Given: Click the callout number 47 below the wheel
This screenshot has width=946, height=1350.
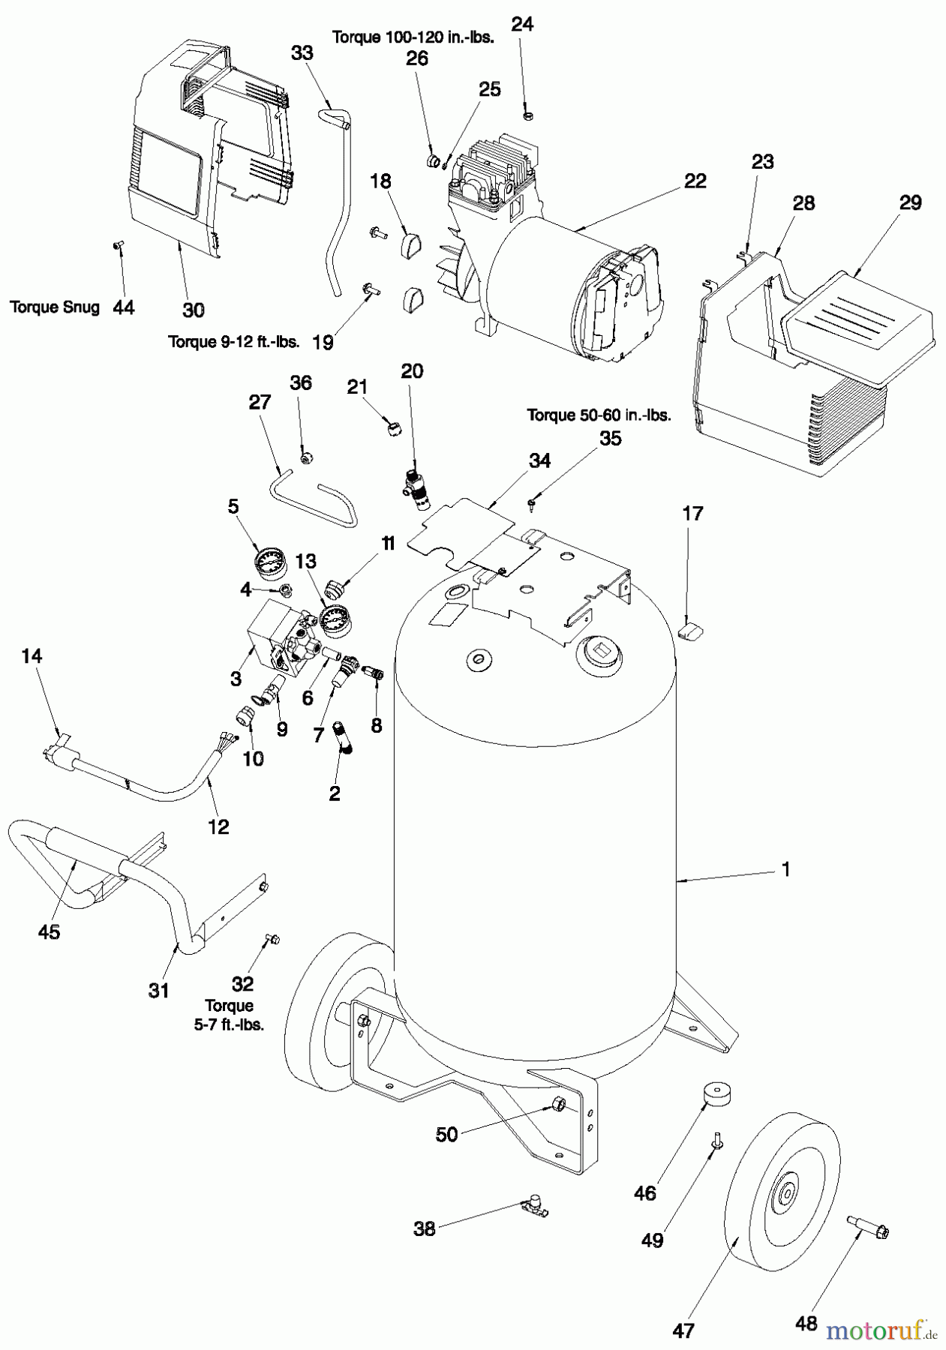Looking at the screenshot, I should pos(683,1330).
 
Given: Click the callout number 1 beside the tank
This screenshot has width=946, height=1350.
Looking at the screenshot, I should pos(785,869).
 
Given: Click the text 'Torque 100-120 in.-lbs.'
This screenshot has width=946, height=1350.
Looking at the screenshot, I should pos(412,37).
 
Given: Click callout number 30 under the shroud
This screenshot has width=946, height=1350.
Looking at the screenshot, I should pos(193,309).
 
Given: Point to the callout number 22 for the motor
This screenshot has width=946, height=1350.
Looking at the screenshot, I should pos(695,181).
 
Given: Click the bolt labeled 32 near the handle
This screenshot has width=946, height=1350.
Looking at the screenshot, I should pos(271,938).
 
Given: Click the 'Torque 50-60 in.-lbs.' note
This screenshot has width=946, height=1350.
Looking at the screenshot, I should pos(598,415).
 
